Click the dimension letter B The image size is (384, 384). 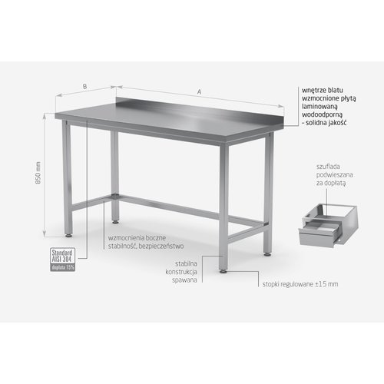click(x=84, y=88)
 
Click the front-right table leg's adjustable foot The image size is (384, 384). click(x=222, y=269)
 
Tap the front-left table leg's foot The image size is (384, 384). click(x=71, y=232)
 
